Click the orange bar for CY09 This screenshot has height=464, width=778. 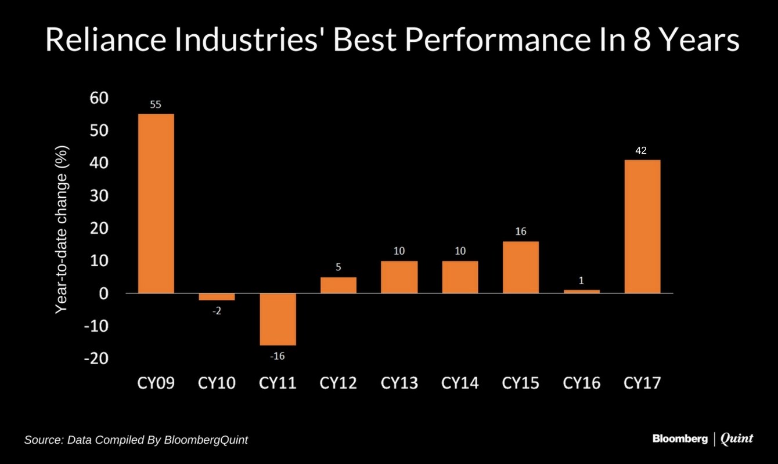(x=156, y=203)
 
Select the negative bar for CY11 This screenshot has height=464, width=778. (x=278, y=319)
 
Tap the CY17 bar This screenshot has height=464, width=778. (x=642, y=226)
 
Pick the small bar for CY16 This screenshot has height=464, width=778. (x=581, y=291)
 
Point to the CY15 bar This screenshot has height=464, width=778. (x=521, y=267)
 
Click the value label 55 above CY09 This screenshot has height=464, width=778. (x=156, y=105)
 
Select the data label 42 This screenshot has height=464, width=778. (x=641, y=150)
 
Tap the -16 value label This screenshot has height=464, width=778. (x=278, y=356)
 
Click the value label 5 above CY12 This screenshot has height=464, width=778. (x=338, y=267)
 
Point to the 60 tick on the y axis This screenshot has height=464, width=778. (x=99, y=98)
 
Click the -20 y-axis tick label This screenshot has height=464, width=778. (x=96, y=358)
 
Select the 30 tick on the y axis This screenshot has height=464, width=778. (x=99, y=196)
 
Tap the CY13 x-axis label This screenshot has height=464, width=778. (x=399, y=383)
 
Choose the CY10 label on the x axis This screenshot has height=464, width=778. (x=217, y=383)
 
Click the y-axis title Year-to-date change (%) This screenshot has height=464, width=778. (x=63, y=229)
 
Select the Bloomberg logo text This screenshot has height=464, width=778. (x=680, y=438)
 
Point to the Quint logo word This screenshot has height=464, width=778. (x=737, y=438)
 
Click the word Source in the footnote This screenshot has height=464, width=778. (x=42, y=440)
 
